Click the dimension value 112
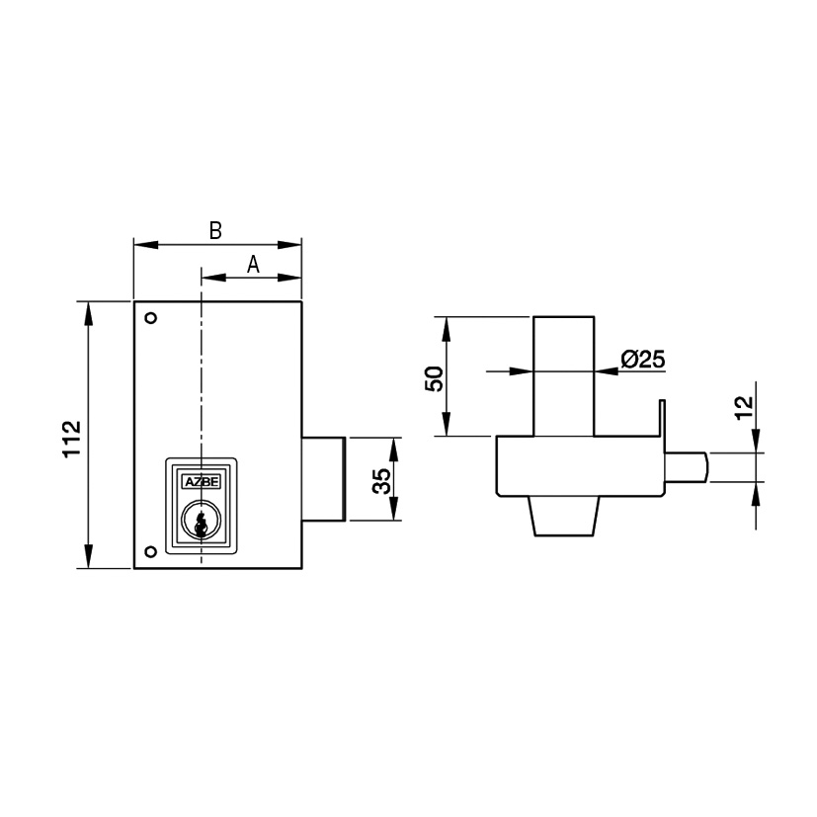click(x=72, y=439)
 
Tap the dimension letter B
click(x=215, y=230)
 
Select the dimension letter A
click(x=253, y=264)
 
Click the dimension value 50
click(x=434, y=378)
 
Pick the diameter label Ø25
click(x=643, y=359)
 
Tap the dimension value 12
click(x=745, y=407)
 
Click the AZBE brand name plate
click(x=203, y=482)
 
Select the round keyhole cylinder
click(x=202, y=520)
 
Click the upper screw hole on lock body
click(x=151, y=318)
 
